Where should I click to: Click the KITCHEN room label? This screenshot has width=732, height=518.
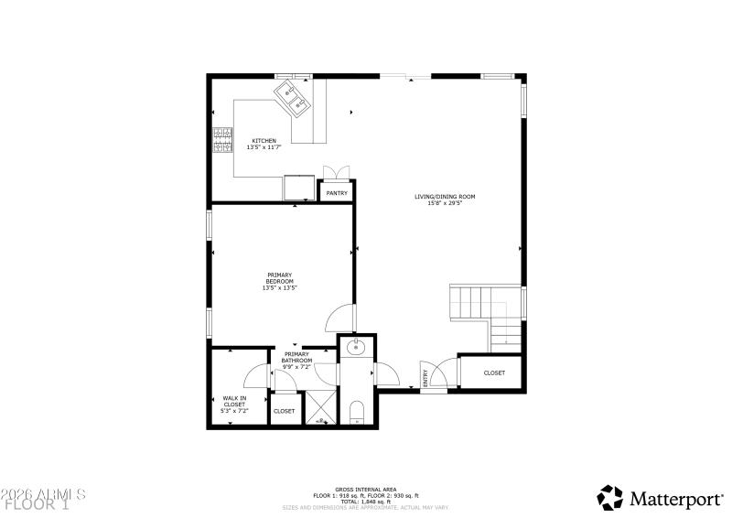tap(264, 141)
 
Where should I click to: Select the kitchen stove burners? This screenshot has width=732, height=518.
tap(222, 140)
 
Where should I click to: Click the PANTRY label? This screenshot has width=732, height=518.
tap(337, 193)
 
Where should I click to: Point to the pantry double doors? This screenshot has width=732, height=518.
tap(336, 174)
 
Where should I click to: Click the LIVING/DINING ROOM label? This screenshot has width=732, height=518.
tap(445, 196)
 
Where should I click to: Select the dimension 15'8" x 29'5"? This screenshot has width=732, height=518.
tap(445, 203)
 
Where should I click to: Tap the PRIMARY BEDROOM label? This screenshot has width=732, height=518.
tap(280, 277)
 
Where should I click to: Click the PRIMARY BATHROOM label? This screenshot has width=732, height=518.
tap(297, 357)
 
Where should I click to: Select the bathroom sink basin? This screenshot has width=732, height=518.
tap(353, 348)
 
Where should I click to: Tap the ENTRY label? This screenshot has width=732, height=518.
tap(425, 375)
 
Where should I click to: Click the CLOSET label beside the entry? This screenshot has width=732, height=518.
tap(494, 372)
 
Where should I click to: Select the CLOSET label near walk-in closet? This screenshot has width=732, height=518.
tap(285, 411)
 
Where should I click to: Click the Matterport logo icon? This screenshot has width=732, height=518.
tap(609, 498)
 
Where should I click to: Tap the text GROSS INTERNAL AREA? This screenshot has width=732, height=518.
tap(365, 491)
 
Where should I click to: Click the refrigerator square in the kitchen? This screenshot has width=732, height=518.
tap(297, 187)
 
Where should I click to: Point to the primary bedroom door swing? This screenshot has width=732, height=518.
tap(339, 317)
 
